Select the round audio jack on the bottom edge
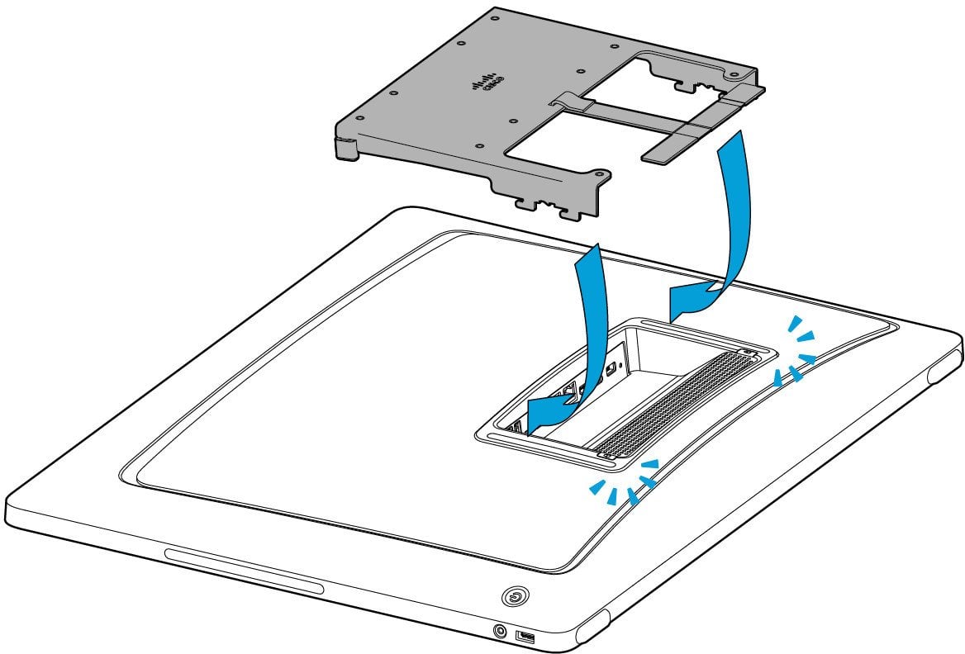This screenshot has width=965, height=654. pyautogui.click(x=500, y=631)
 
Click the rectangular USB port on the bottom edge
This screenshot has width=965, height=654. pyautogui.click(x=525, y=637)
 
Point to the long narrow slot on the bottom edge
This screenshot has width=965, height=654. pyautogui.click(x=244, y=571)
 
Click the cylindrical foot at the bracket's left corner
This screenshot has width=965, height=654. pyautogui.click(x=345, y=147)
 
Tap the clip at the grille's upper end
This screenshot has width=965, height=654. pyautogui.click(x=748, y=353)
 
